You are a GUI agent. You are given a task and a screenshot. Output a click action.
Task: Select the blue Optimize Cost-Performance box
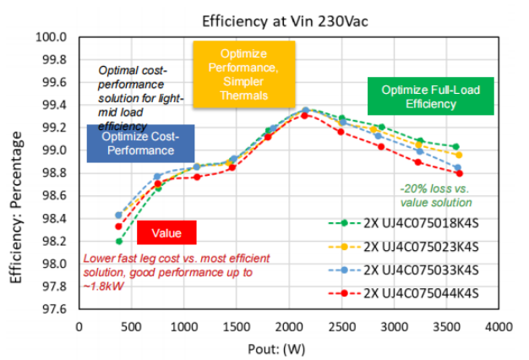click(x=142, y=143)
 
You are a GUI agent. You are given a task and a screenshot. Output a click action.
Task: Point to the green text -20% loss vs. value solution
click(x=434, y=195)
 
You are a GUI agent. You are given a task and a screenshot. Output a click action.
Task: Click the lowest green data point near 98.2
click(x=119, y=241)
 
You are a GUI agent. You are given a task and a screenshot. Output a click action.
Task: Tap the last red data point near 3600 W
click(x=459, y=173)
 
